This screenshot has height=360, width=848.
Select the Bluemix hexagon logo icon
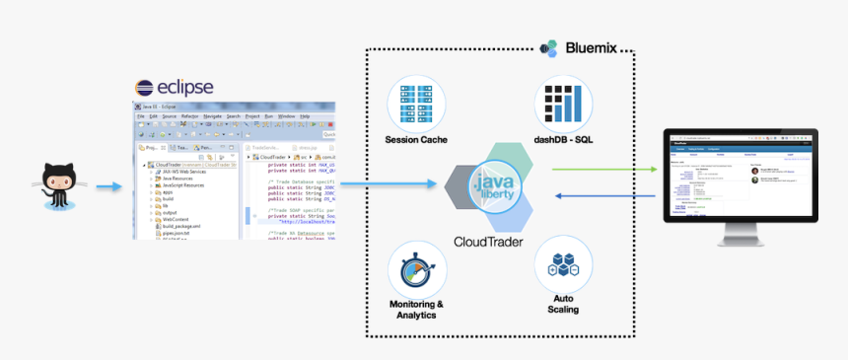coord(550,47)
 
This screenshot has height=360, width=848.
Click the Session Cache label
coord(416,140)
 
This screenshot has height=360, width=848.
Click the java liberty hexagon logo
coord(490,187)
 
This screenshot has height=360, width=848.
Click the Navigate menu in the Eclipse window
coord(211,116)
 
